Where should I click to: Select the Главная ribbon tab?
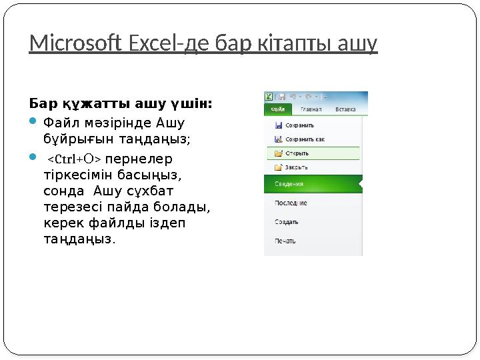click(x=311, y=109)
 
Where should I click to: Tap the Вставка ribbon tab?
click(x=345, y=109)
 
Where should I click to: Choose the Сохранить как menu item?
click(x=304, y=139)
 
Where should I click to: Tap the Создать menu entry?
click(x=288, y=222)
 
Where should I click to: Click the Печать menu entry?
click(x=287, y=241)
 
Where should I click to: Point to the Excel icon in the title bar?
click(x=269, y=97)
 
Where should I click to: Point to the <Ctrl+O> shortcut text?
click(x=73, y=159)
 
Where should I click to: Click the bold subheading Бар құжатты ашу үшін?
click(x=121, y=103)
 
